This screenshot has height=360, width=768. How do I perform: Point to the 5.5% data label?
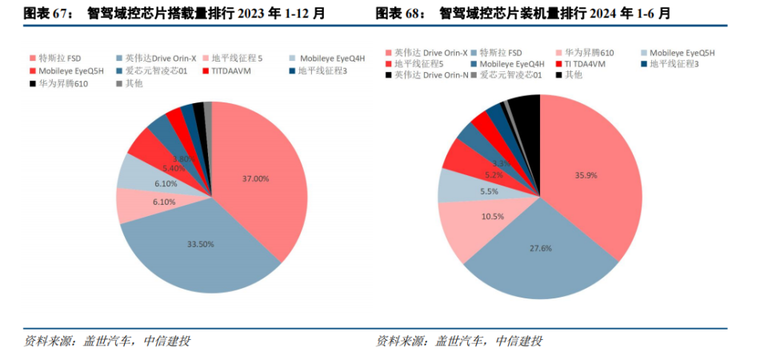[x=489, y=192]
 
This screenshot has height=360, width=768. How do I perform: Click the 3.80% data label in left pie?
[x=183, y=158]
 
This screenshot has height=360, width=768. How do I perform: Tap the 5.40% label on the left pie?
[x=174, y=169]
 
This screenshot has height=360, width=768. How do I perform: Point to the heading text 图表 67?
[x=47, y=13]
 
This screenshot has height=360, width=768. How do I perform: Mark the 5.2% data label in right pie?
[x=494, y=175]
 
